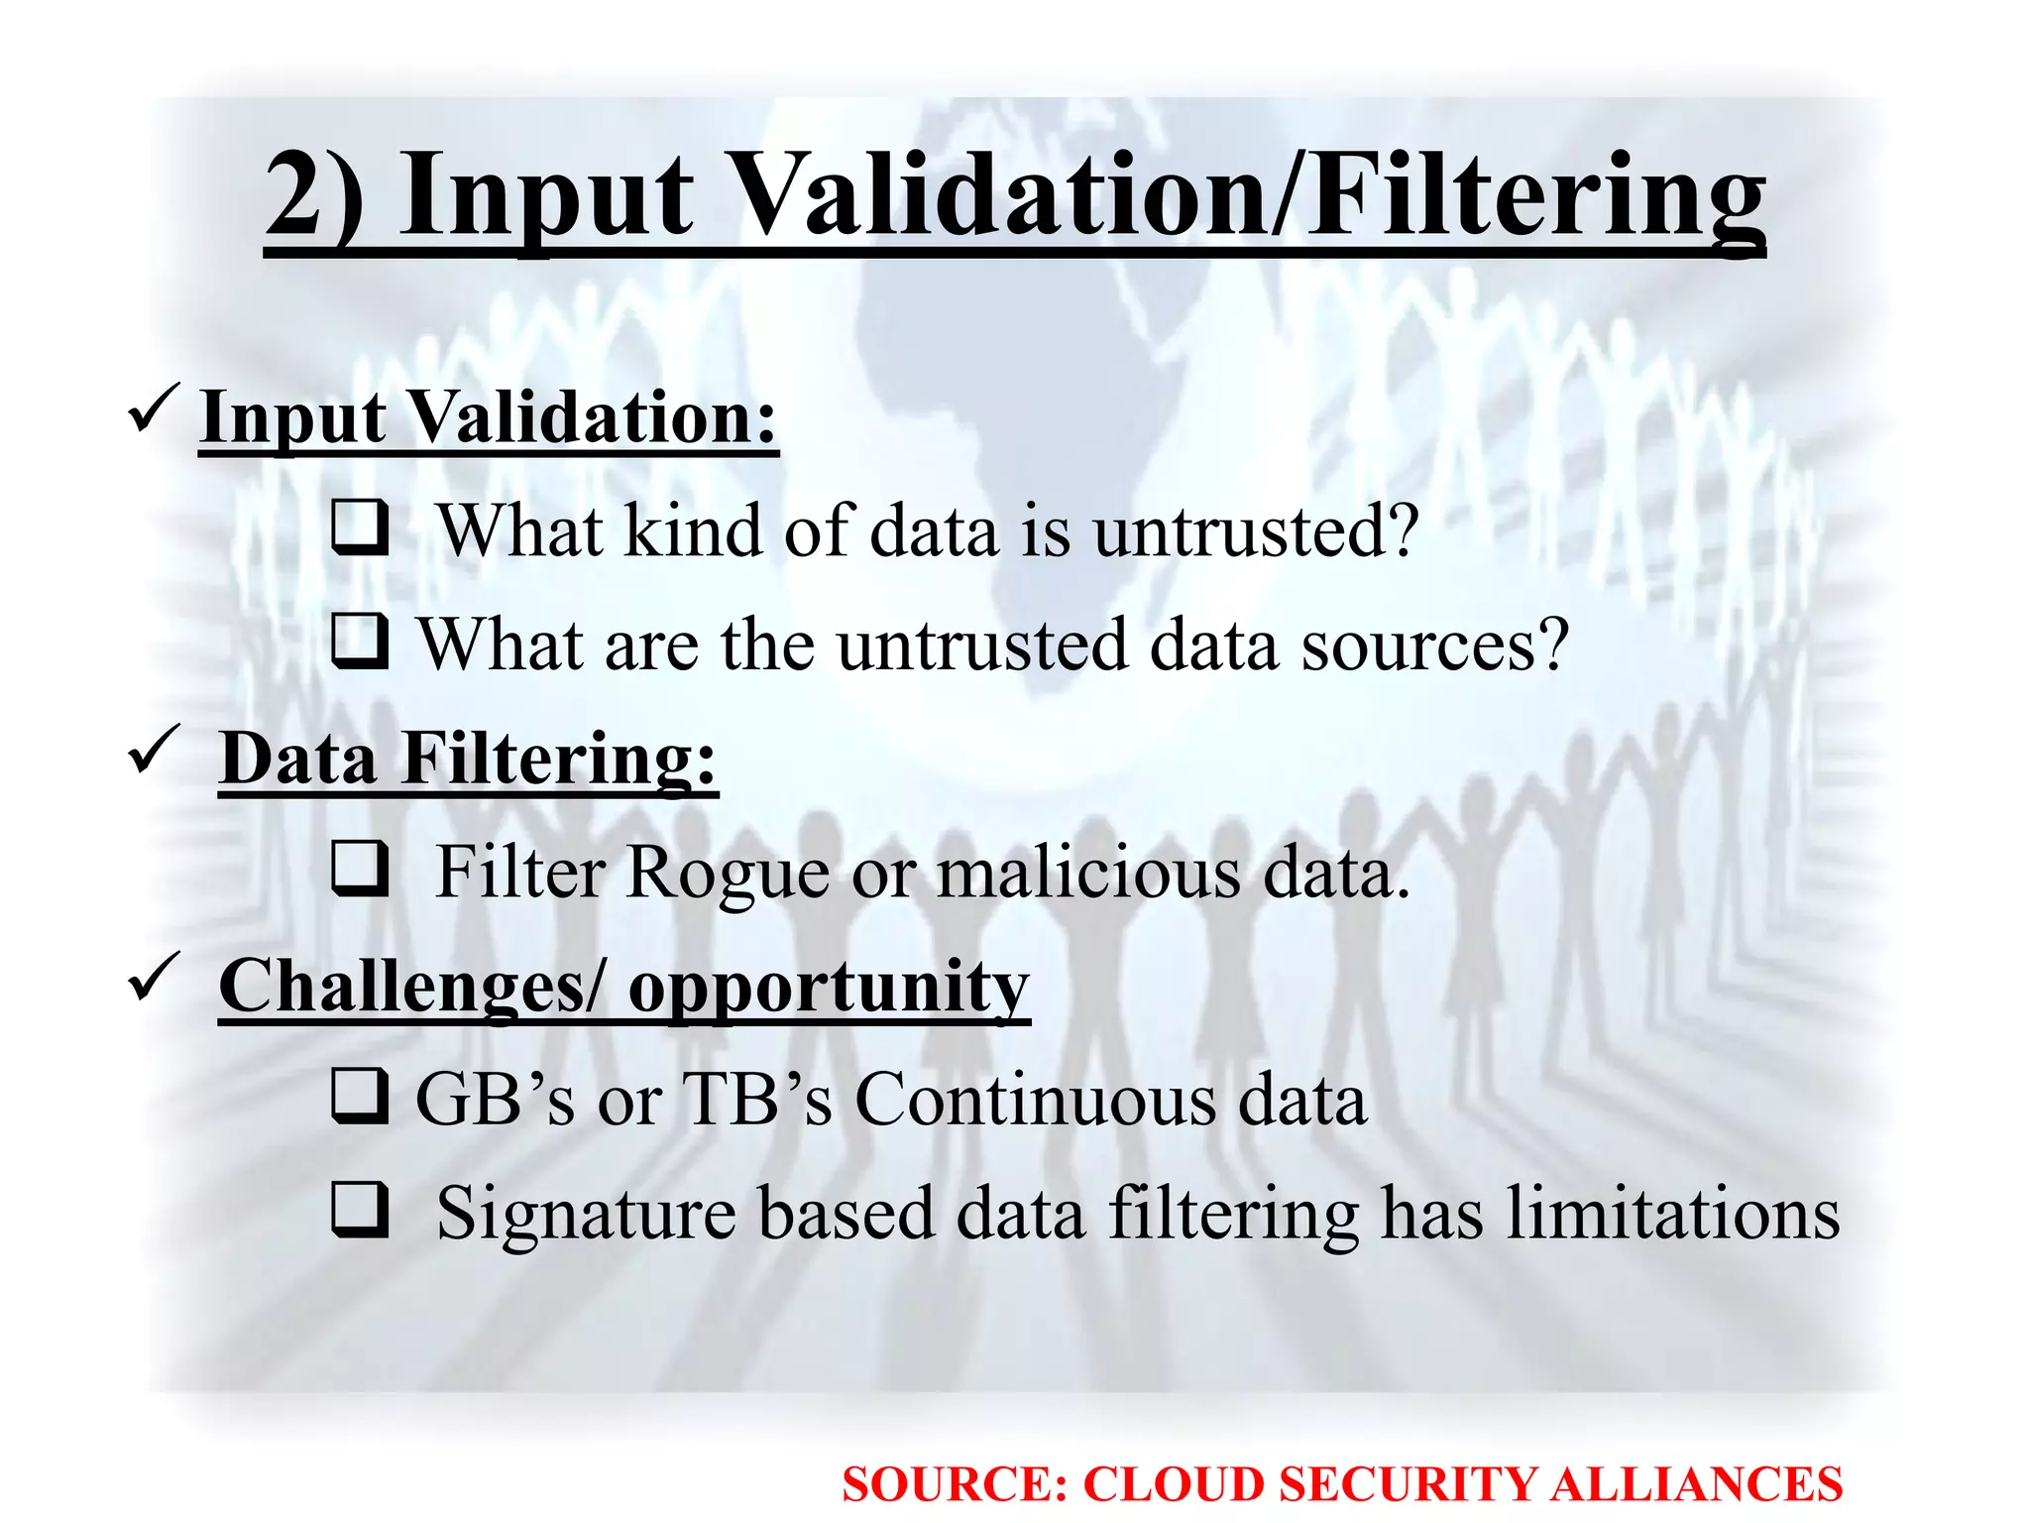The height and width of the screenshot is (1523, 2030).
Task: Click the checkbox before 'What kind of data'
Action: pos(359,527)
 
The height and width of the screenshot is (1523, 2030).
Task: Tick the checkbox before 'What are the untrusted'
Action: pos(359,641)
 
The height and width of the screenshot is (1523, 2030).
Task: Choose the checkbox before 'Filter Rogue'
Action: pos(359,869)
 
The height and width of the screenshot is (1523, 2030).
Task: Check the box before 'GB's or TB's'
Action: pos(359,1096)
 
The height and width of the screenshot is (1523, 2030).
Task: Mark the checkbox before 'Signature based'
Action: pos(359,1210)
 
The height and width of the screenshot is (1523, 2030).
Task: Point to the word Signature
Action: pos(586,1214)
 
